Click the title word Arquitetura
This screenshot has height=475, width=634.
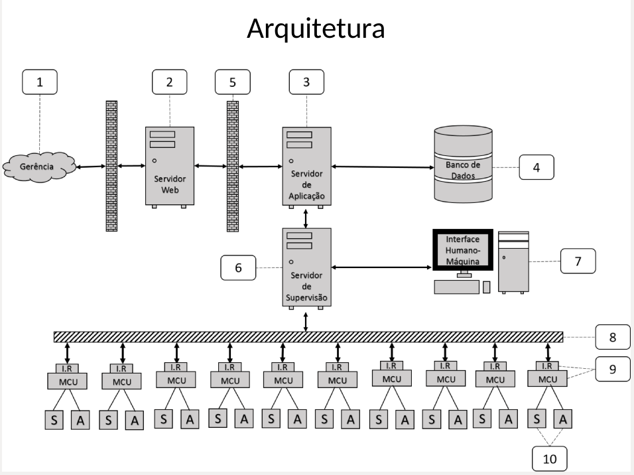pyautogui.click(x=316, y=28)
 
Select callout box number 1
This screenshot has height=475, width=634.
pyautogui.click(x=39, y=82)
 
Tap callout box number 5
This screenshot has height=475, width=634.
pyautogui.click(x=232, y=82)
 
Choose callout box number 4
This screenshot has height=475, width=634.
pyautogui.click(x=537, y=168)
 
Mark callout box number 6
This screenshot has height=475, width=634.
pyautogui.click(x=237, y=268)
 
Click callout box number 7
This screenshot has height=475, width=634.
pyautogui.click(x=578, y=261)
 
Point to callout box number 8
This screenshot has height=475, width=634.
pyautogui.click(x=612, y=337)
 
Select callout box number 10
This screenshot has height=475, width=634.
pyautogui.click(x=550, y=458)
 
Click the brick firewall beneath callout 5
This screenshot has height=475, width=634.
pyautogui.click(x=233, y=166)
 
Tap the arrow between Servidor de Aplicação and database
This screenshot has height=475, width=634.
pyautogui.click(x=382, y=167)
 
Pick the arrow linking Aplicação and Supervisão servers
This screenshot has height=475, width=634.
pyautogui.click(x=306, y=217)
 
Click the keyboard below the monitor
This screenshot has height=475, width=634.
pyautogui.click(x=456, y=287)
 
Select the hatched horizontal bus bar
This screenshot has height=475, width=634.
pyautogui.click(x=308, y=337)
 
